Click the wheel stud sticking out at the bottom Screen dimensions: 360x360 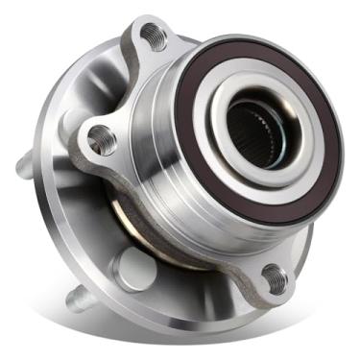(84, 300)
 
